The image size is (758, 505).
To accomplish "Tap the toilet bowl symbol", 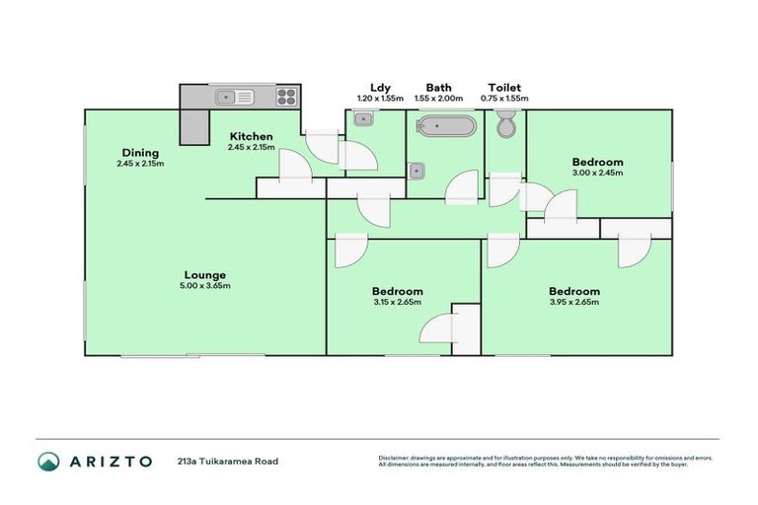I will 505,125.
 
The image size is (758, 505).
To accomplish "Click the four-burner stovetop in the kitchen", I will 286,97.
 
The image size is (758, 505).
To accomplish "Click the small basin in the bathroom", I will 417,170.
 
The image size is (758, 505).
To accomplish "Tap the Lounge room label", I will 205,275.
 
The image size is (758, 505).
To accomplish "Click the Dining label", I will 140,152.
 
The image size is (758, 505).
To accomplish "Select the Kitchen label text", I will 251,136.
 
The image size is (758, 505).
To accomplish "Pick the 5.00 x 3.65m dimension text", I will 205,286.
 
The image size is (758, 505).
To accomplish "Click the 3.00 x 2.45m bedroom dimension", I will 598,173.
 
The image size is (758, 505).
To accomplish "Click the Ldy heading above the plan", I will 380,87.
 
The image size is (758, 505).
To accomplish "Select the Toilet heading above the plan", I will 503,87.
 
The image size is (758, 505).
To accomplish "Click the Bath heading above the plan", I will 439,87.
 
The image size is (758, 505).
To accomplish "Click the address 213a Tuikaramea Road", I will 228,462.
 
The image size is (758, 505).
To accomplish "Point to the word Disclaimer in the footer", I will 396,458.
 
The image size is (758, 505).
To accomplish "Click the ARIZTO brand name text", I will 111,461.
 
